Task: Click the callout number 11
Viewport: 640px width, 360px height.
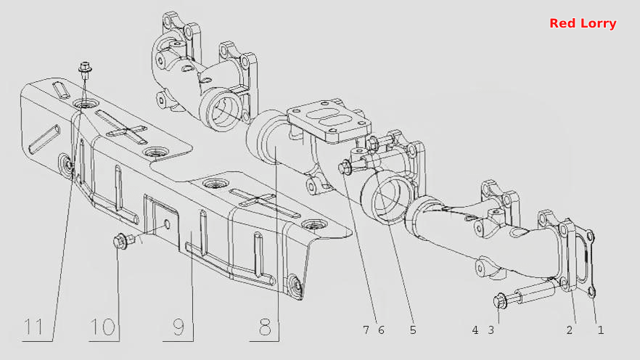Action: [33, 327]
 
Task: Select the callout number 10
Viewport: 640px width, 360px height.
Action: [102, 327]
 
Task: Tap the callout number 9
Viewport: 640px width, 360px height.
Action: [178, 327]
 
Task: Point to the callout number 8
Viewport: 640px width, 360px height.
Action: [265, 327]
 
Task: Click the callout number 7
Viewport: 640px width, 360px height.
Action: [366, 330]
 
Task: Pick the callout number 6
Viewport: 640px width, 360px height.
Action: [381, 330]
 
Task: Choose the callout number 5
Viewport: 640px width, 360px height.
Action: [413, 330]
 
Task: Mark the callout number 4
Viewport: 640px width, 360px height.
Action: [475, 330]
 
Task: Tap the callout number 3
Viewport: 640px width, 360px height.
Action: [491, 330]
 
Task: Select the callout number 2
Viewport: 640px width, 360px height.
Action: [570, 330]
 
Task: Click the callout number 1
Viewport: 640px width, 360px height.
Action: [601, 330]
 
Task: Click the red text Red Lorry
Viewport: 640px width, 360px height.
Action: [583, 23]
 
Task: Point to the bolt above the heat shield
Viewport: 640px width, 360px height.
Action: [85, 70]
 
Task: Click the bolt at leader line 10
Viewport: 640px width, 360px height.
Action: [123, 240]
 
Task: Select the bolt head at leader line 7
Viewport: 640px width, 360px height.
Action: [345, 168]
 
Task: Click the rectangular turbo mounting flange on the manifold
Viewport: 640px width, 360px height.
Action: [329, 120]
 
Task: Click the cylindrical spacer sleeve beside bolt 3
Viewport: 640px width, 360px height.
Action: [535, 292]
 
